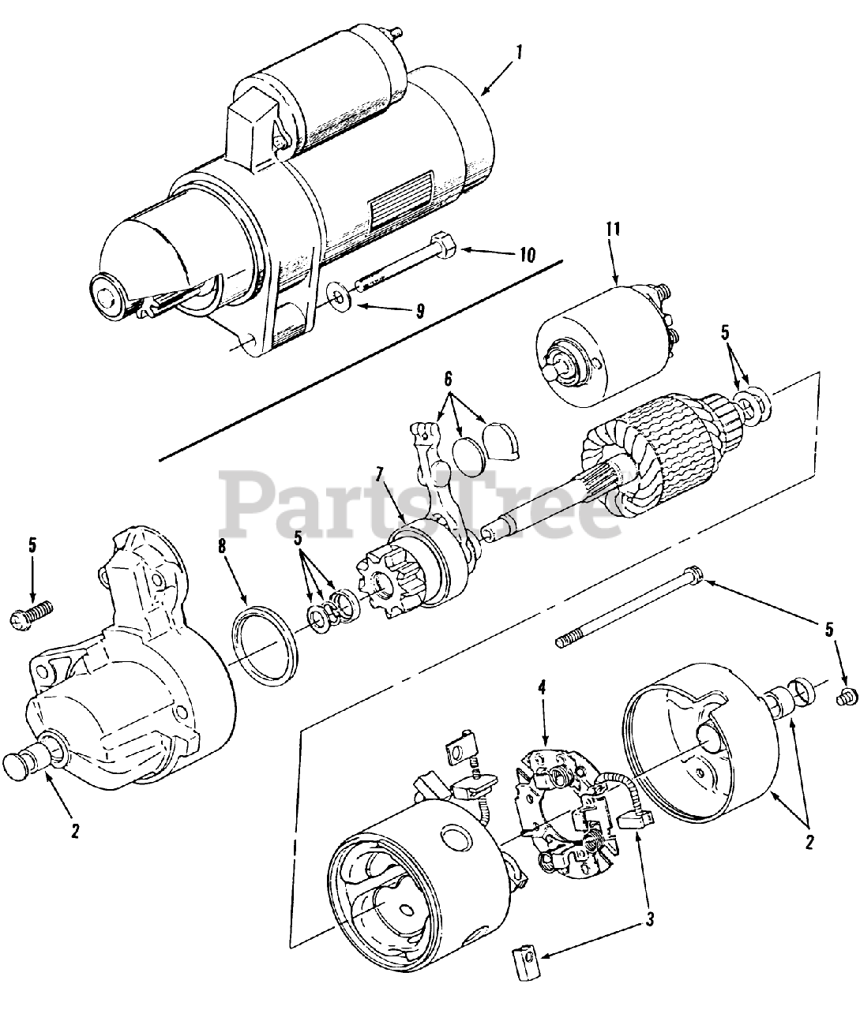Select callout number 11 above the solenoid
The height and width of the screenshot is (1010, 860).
pyautogui.click(x=614, y=230)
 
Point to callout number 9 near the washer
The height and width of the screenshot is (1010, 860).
pyautogui.click(x=421, y=310)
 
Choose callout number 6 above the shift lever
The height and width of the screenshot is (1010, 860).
pyautogui.click(x=449, y=377)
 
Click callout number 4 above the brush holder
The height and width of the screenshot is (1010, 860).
pyautogui.click(x=543, y=687)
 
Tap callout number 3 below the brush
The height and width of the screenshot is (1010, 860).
pyautogui.click(x=649, y=918)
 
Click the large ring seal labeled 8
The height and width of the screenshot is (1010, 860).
pyautogui.click(x=266, y=636)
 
